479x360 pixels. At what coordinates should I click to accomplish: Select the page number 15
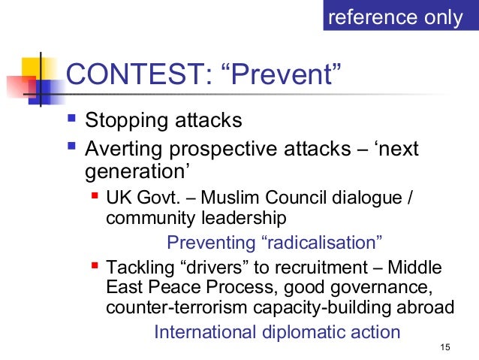coord(445,346)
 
